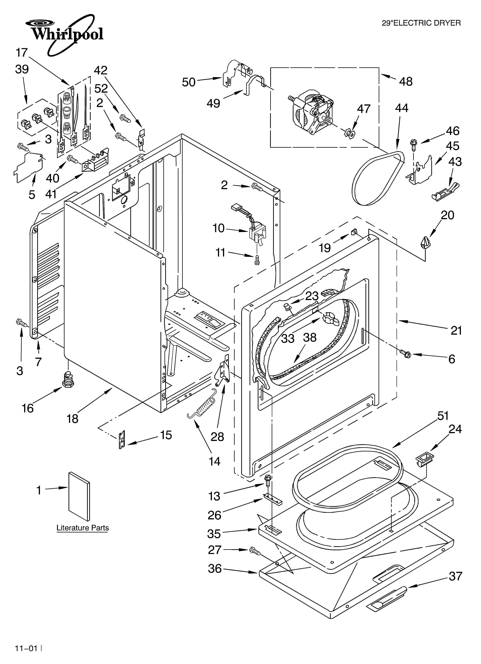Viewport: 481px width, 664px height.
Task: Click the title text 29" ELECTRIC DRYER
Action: coord(421,23)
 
